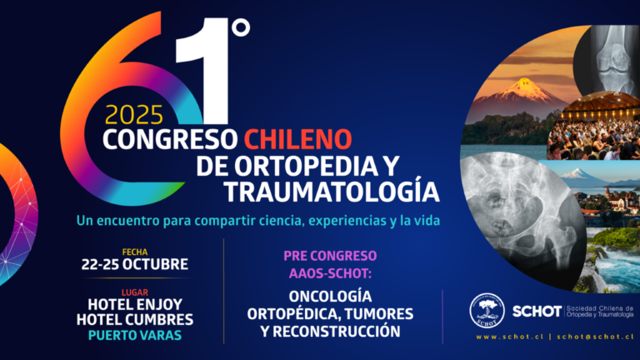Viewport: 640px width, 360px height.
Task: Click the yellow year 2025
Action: [x=134, y=115]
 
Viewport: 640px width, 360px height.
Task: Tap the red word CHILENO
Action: [x=298, y=139]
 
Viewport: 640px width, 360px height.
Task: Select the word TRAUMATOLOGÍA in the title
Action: [x=332, y=191]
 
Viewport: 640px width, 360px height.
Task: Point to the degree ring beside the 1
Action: [x=241, y=27]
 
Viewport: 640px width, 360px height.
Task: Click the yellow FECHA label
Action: [x=135, y=252]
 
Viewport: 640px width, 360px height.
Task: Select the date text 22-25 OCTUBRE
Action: [x=135, y=264]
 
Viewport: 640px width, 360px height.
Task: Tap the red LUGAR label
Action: [x=135, y=292]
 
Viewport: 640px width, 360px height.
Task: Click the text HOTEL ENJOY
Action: [x=135, y=304]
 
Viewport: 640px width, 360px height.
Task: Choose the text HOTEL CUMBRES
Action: [x=135, y=320]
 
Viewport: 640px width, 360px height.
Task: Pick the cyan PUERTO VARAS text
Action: [x=135, y=335]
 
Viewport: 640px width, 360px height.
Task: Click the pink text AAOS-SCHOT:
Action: [x=330, y=273]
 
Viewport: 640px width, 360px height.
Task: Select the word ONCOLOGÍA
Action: [x=330, y=296]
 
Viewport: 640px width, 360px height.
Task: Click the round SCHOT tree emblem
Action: [x=487, y=311]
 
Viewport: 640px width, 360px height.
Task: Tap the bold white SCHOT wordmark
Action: [x=537, y=312]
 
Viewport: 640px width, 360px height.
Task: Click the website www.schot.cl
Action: [x=510, y=337]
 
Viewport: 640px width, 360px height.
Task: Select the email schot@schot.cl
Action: [x=596, y=337]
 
